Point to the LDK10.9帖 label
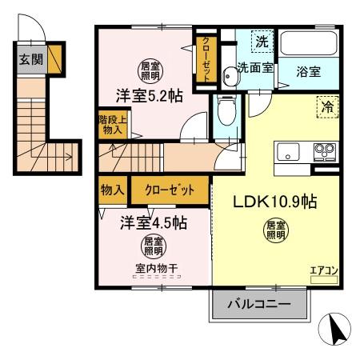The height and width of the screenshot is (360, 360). pos(275,202)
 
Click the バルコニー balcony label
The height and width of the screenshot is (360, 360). pos(258,304)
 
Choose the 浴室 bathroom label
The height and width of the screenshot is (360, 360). pos(309,71)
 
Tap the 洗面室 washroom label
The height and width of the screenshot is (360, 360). pos(255,68)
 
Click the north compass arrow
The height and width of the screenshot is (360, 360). pos(338,328)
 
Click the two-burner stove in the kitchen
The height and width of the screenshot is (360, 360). pos(323,150)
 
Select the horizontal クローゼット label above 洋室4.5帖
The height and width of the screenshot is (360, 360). pos(169,191)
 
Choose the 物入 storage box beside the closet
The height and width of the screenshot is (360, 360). pos(111,191)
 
